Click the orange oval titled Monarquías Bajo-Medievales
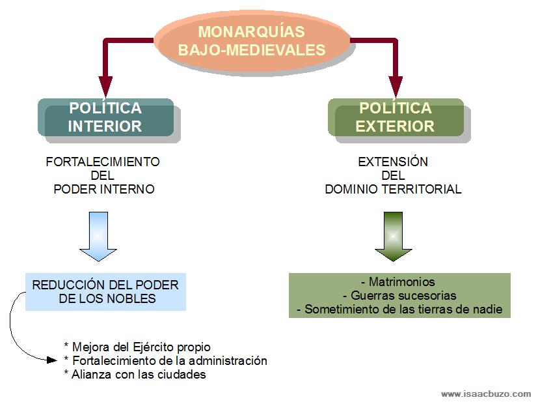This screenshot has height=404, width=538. click(252, 40)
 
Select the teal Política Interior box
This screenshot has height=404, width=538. click(106, 117)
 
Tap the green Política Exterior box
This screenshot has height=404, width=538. click(396, 117)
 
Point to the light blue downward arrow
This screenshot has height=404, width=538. click(98, 236)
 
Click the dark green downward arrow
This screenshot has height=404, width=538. click(394, 236)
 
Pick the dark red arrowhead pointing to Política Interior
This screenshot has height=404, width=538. click(105, 86)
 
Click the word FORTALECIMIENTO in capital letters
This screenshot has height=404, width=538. click(103, 162)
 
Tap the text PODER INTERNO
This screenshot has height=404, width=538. click(104, 190)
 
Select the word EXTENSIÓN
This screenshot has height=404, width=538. click(393, 162)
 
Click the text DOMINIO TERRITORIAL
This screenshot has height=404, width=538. click(393, 190)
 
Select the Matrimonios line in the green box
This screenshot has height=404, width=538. click(399, 283)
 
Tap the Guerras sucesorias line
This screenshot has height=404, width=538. click(399, 296)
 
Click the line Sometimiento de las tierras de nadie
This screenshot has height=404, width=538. click(399, 310)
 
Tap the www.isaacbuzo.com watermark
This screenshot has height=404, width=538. click(485, 394)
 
